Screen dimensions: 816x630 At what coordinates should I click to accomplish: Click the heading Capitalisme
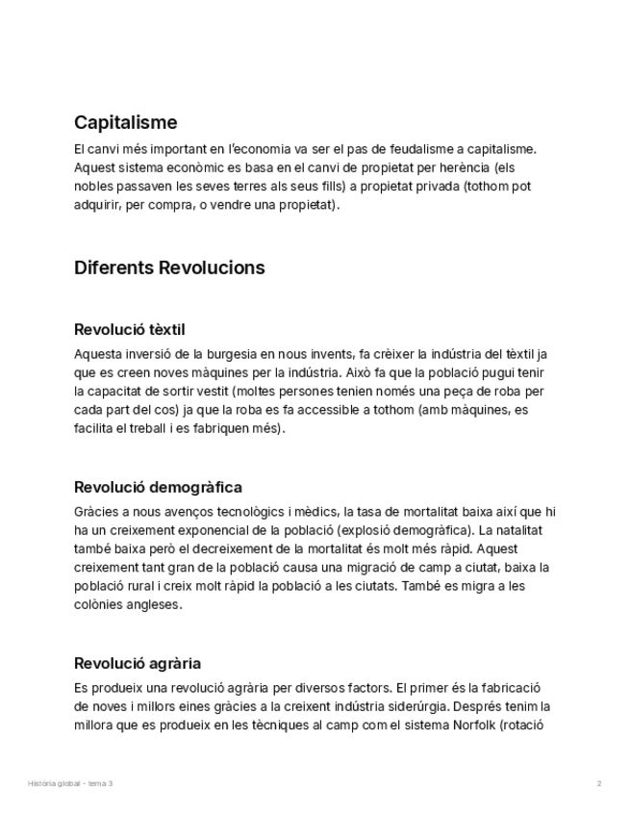click(125, 123)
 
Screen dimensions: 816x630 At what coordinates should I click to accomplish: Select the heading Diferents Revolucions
click(169, 268)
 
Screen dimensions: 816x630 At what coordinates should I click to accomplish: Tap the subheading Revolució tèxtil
click(129, 330)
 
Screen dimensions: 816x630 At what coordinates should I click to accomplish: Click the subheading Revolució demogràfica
click(158, 487)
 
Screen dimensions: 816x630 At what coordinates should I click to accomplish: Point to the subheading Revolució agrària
click(138, 663)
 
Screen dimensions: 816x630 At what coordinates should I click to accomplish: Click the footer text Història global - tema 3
click(70, 783)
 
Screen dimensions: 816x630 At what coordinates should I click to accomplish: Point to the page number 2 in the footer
click(599, 783)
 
